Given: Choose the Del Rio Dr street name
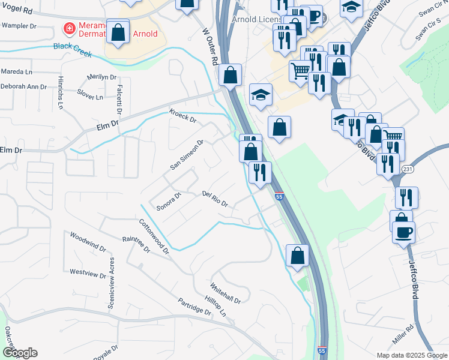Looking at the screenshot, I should tap(215, 199).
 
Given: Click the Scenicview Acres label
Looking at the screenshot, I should tap(111, 284).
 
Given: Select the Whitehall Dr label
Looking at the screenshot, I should tap(225, 293).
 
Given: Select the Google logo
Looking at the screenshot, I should tap(19, 352).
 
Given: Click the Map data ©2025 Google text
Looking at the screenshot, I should tap(411, 355).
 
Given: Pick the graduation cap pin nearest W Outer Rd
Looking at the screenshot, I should tap(261, 95).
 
